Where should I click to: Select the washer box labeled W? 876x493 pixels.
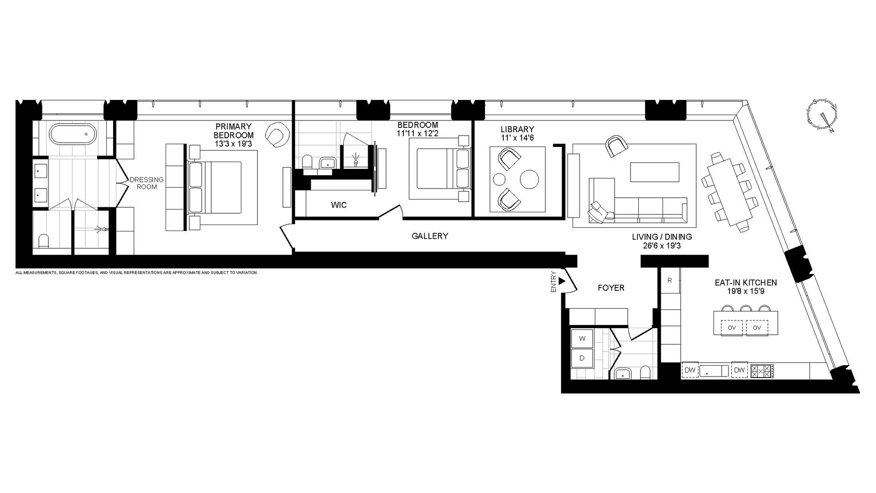coord(582,339)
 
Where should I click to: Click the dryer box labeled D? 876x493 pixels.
coord(582,358)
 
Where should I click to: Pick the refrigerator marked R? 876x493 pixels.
coord(670,281)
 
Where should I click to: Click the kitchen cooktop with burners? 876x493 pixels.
coord(762,370)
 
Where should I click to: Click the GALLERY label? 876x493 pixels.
coord(430,236)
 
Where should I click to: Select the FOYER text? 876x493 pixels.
coord(611,288)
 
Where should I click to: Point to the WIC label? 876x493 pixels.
coord(339,205)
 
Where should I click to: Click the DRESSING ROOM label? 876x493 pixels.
coord(146,183)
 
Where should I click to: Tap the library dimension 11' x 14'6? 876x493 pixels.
coord(517,137)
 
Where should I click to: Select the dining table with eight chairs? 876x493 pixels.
coord(728,192)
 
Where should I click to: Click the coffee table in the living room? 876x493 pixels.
coord(654,172)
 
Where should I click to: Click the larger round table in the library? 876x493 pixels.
coord(530,179)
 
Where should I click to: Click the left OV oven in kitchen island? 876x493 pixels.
coord(732,328)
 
